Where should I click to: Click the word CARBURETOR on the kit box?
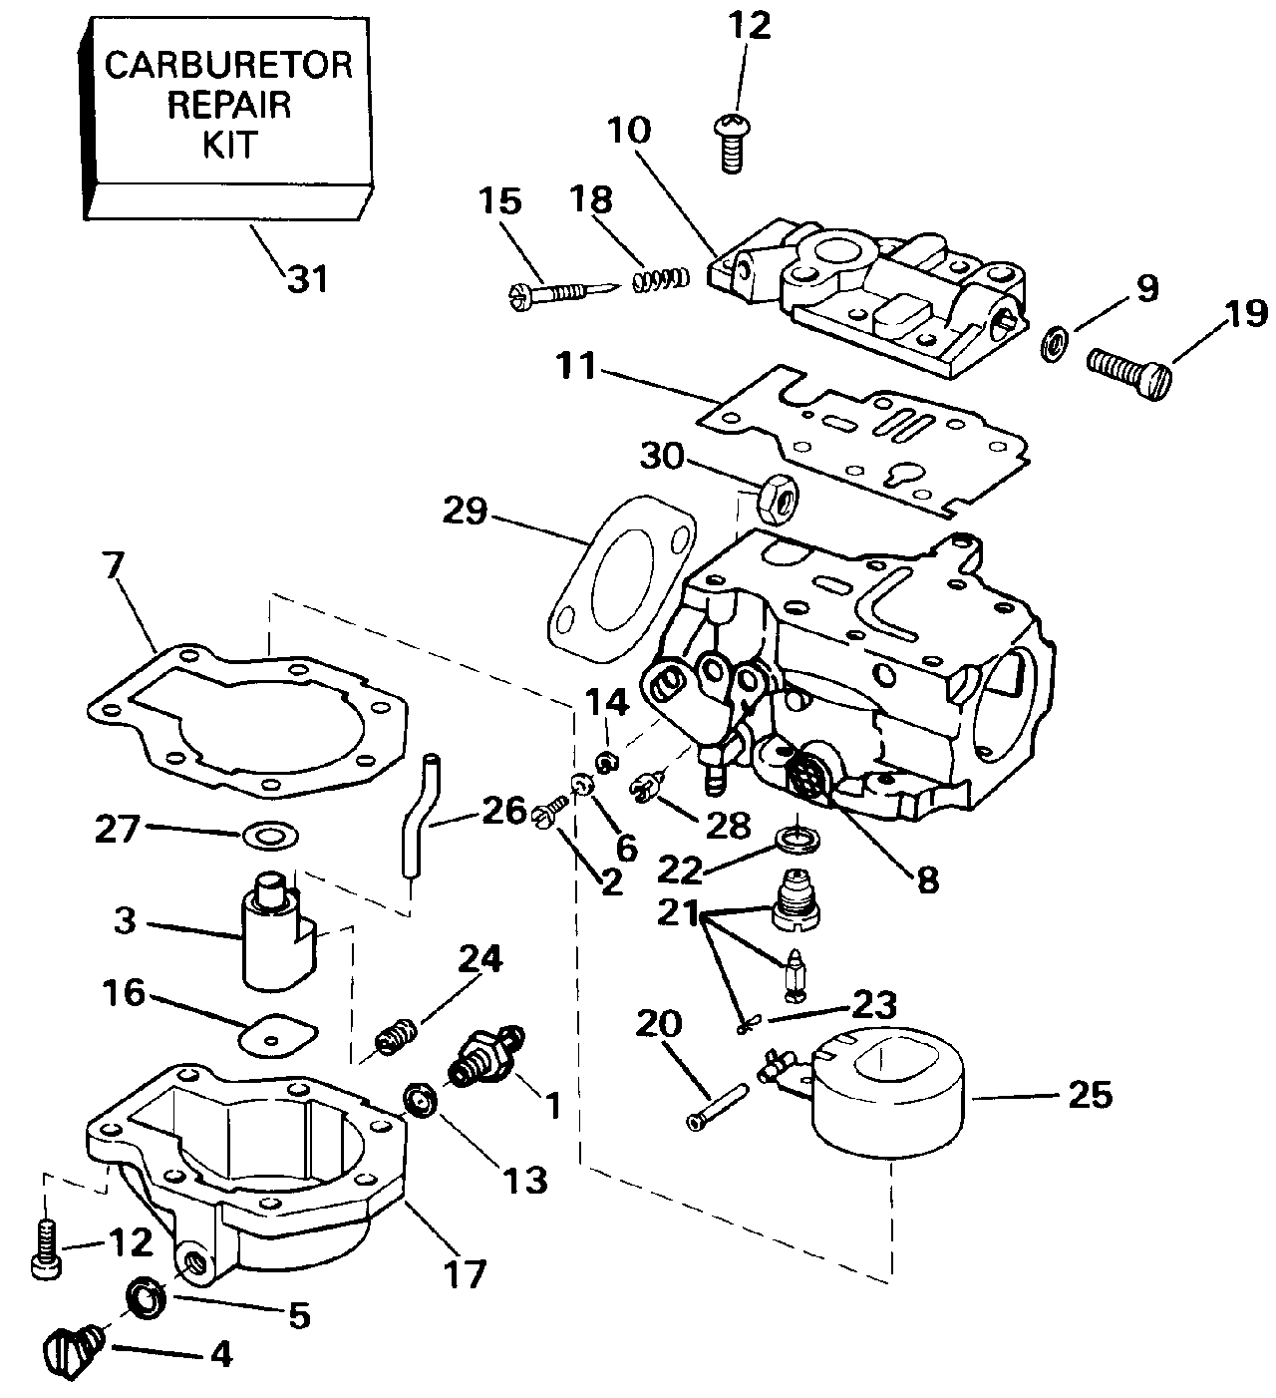tap(228, 66)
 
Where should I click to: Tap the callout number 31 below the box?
tap(307, 279)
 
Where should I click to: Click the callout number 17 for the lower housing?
tap(466, 1273)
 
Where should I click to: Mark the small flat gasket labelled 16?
tap(276, 1035)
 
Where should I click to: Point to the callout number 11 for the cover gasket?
tap(577, 367)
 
